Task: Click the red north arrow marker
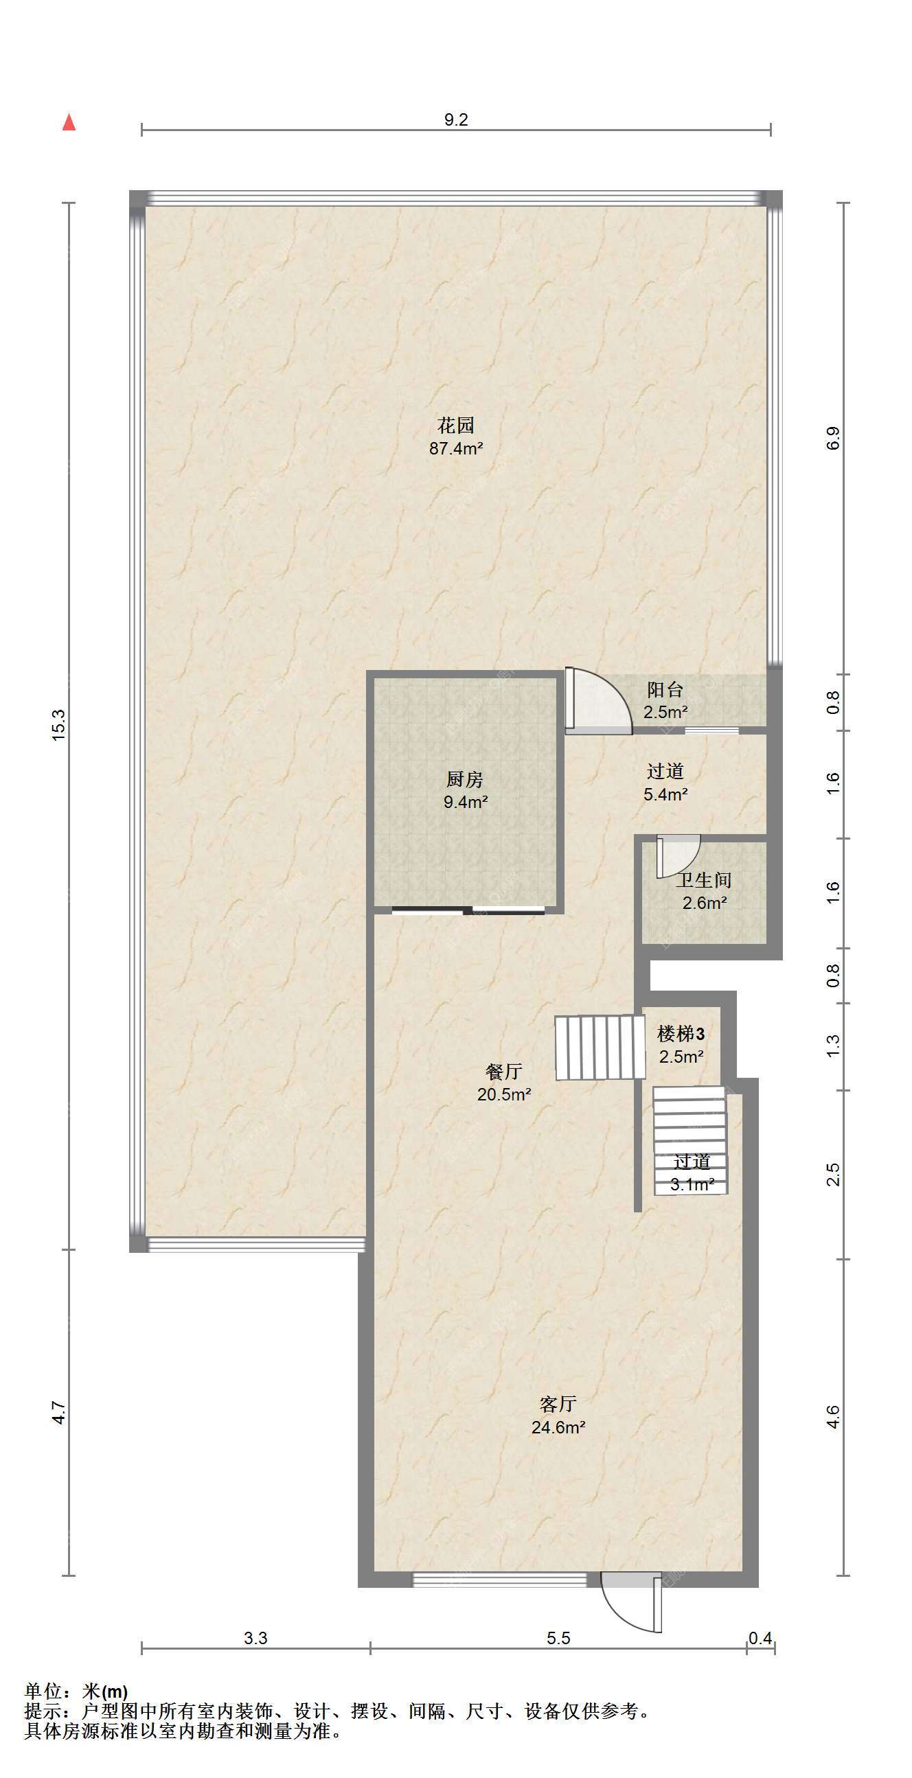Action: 69,122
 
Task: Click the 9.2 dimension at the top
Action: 455,120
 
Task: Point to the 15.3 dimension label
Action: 58,726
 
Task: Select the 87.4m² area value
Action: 455,449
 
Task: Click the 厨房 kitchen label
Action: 465,779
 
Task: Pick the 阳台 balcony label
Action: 665,689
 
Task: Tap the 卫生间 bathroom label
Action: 703,880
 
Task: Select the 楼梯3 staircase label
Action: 681,1033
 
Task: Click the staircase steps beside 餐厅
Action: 600,1047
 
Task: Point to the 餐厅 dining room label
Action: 504,1071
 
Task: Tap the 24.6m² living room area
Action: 558,1427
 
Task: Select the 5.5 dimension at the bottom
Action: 558,1638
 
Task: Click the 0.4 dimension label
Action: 760,1638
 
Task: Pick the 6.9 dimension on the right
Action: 833,439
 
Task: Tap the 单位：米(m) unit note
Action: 76,1692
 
